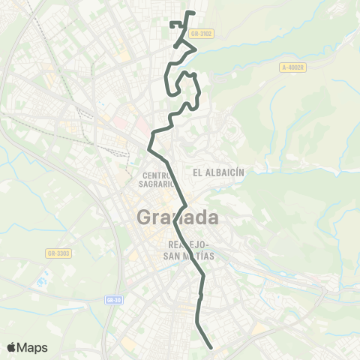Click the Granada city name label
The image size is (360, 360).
click(178, 218)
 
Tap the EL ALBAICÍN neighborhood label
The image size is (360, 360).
click(219, 172)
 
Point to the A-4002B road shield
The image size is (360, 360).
click(293, 67)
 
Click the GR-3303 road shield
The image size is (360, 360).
click(57, 253)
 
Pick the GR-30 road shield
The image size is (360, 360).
click(113, 300)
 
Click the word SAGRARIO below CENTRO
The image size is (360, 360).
click(157, 183)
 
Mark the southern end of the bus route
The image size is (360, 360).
click(211, 347)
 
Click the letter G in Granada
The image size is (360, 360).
click(145, 218)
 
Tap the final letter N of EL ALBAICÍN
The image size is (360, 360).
click(242, 172)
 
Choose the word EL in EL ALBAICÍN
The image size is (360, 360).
click(197, 172)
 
